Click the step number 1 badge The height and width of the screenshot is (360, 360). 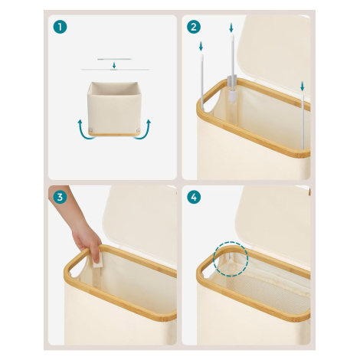tap(60, 27)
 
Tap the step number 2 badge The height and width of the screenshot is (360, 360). tap(194, 27)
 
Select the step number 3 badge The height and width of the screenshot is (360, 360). tap(60, 197)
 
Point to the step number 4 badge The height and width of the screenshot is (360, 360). tap(194, 197)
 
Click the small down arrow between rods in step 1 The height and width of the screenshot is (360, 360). tap(114, 65)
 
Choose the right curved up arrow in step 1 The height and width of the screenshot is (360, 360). tap(144, 129)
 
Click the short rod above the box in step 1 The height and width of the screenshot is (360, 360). tap(114, 59)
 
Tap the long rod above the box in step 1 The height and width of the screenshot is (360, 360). tap(116, 70)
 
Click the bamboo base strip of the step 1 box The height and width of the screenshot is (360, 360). tap(114, 134)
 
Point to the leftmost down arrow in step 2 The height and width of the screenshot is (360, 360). tap(201, 47)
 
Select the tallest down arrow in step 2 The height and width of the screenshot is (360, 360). tap(231, 28)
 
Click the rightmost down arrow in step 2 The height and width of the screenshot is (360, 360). tap(303, 87)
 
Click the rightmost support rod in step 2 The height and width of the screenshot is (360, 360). tap(303, 121)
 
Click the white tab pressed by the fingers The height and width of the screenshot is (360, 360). tap(98, 260)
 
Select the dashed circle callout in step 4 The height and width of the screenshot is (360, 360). tap(231, 259)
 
